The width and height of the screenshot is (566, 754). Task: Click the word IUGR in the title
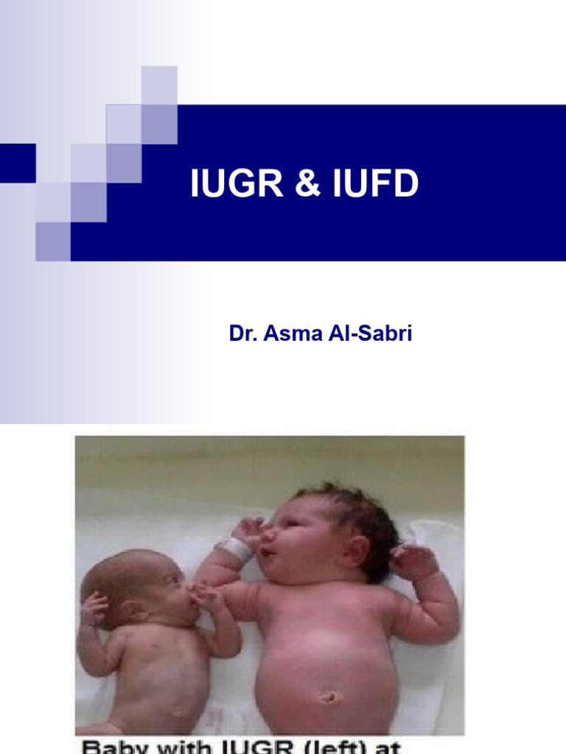(x=228, y=184)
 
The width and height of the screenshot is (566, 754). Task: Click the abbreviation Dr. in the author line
(x=241, y=334)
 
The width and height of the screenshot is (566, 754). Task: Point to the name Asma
(x=288, y=334)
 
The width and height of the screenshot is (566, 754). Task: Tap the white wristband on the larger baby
(x=234, y=549)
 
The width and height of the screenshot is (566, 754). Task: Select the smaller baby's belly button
(x=181, y=712)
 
